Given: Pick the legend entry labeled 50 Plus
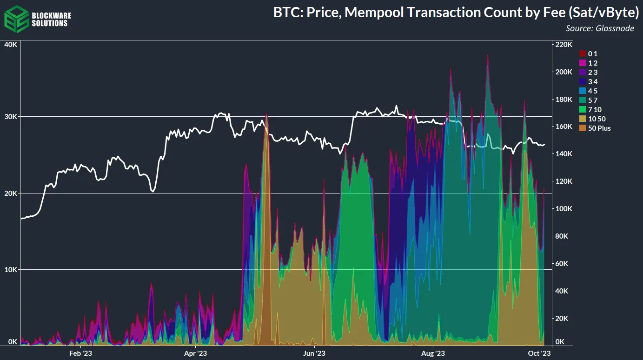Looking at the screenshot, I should (599, 128).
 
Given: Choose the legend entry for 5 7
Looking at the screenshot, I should (593, 100).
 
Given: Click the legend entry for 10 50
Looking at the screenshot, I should (597, 119).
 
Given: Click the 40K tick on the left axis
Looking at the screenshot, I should (11, 44).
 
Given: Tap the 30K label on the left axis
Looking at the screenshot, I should (11, 116).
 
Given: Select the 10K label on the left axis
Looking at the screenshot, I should (11, 269).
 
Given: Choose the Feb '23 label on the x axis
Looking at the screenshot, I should (80, 353).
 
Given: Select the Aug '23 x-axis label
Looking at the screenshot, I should (433, 353).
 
